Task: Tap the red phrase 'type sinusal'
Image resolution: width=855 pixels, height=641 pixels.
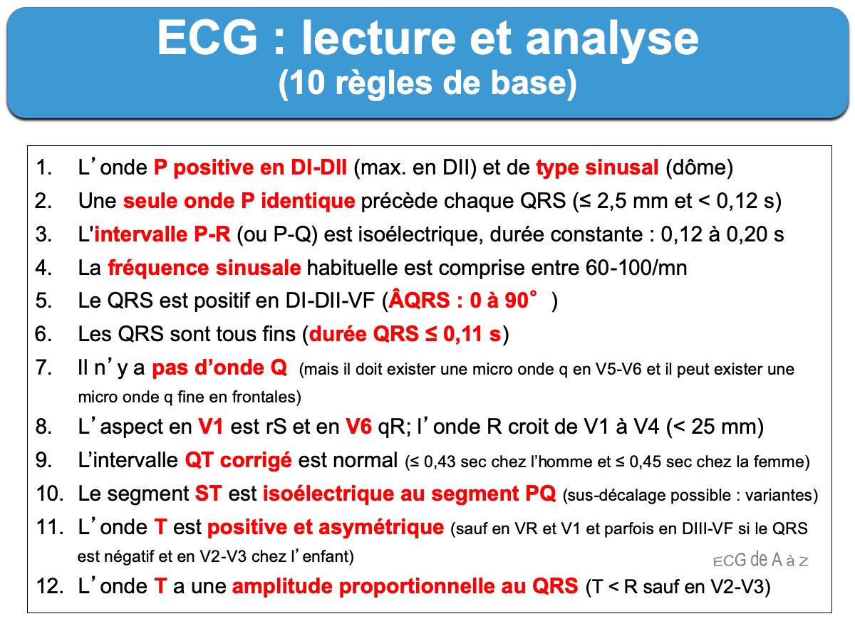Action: coord(597,168)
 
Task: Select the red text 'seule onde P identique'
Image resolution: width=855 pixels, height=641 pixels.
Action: coord(239,201)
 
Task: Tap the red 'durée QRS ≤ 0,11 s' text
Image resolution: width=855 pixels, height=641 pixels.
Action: coord(405,334)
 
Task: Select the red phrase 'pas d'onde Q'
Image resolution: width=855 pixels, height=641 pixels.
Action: coord(219,368)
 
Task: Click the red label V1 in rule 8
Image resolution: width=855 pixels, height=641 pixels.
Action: coord(212,427)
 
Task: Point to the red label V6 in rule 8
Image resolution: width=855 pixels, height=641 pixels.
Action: coord(359,427)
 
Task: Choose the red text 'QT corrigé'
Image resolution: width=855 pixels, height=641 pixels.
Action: coord(238,460)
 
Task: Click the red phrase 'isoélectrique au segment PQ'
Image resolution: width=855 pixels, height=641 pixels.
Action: coord(409,494)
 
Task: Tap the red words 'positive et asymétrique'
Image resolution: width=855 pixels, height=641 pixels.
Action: coord(325,528)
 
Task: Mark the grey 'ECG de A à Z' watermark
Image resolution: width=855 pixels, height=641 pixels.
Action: coord(760,560)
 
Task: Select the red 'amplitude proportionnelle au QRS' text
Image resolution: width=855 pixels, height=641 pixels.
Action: coord(405,587)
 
